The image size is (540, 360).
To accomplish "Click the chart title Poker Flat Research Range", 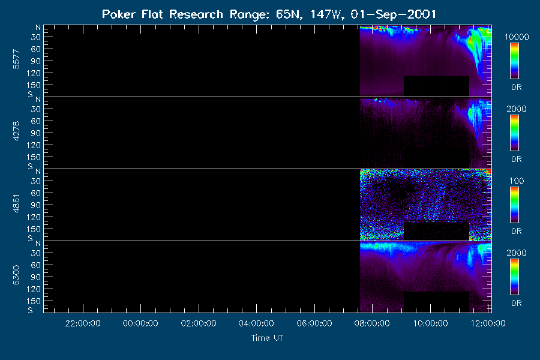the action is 163,14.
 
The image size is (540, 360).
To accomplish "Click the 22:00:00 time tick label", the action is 83,323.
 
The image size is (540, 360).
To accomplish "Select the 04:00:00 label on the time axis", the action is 256,323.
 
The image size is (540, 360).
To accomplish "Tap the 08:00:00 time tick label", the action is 372,323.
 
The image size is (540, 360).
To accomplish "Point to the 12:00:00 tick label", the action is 488,323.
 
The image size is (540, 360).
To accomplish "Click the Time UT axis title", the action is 267,338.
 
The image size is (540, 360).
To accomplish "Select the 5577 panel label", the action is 16,59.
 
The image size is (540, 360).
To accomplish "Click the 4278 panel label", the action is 16,131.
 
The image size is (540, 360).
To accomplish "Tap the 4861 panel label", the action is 16,203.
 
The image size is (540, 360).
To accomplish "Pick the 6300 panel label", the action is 16,275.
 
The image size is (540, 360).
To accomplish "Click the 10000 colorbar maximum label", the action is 517,37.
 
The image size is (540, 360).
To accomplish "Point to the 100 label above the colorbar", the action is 517,181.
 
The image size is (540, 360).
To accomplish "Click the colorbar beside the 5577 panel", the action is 515,61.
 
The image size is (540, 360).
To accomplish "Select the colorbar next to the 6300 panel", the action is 515,277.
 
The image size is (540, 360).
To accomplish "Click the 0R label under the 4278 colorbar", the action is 516,159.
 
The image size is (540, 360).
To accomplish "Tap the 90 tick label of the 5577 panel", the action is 36,61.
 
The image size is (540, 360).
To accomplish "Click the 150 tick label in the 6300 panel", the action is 34,301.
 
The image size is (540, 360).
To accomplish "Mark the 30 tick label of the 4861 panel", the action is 36,181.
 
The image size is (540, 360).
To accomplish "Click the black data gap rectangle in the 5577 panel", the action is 436,86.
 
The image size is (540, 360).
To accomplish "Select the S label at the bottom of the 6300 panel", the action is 31,310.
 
